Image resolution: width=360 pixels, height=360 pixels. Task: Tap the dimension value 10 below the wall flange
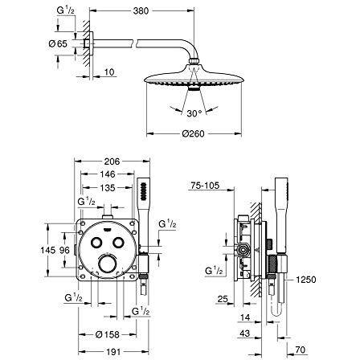click(x=110, y=72)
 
